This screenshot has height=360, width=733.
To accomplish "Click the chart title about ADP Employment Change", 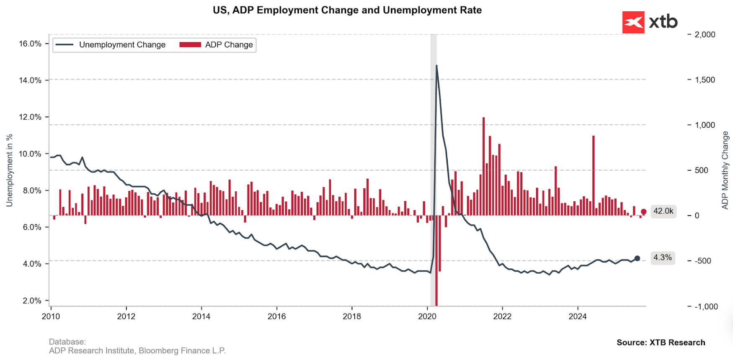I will tap(347, 10).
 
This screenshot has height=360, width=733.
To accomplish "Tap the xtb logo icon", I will tap(633, 22).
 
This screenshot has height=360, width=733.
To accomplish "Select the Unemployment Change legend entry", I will tap(111, 45).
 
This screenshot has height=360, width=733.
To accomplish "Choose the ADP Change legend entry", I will tap(217, 45).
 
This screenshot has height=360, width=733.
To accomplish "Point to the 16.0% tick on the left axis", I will tap(30, 44).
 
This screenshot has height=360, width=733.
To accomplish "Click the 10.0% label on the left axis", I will tap(30, 154).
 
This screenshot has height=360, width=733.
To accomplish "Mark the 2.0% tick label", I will tap(31, 301).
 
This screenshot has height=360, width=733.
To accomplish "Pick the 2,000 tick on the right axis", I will tap(705, 34).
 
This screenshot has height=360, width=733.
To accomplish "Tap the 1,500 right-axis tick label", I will tap(705, 80).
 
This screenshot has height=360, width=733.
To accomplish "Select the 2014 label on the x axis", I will tap(201, 316).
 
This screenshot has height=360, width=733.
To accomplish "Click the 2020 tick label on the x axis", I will tap(427, 316).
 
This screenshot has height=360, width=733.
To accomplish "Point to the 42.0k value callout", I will tap(663, 211).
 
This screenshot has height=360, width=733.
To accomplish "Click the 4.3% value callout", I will tap(663, 257).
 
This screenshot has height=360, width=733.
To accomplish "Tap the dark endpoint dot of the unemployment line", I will tap(637, 258).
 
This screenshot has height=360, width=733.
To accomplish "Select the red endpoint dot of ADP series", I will tap(643, 211).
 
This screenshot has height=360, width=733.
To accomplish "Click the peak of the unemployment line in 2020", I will tap(436, 65).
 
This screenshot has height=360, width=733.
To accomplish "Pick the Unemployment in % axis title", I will tap(9, 170).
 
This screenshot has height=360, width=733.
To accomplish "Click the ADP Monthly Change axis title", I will tap(725, 170).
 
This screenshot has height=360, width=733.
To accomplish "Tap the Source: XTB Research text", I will tap(661, 342).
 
